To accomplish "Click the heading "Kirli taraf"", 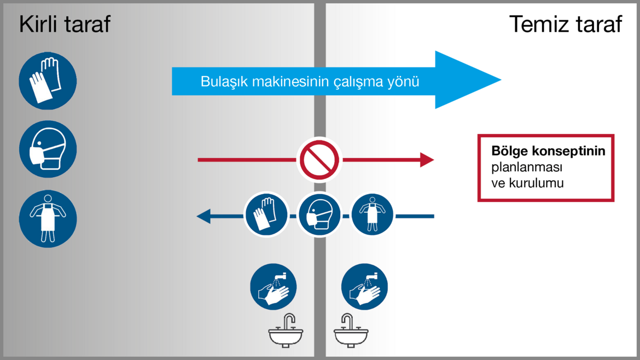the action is pos(65,24).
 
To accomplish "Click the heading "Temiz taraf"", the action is pos(566,24).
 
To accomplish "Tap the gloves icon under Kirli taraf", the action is pos(48,81).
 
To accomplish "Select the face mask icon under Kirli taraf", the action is pos(48,149).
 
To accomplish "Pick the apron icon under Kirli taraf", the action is pos(48,219).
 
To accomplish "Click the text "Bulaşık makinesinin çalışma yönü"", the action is pos(310,82).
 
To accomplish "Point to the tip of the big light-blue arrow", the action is pos(501,80).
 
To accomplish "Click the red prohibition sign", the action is pos(319,160).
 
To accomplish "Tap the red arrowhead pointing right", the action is pos(427,160).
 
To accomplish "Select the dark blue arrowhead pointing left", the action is pos(203,216).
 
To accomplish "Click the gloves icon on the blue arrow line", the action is pos(266,214).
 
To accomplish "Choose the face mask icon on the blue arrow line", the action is pos(319,214).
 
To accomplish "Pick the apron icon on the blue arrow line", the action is pos(373,214).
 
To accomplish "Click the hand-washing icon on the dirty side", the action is pos(274,287).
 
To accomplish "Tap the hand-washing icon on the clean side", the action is pos(364,287).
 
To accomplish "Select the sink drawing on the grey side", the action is pos(286,330).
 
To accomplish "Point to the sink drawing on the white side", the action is pos(351,330).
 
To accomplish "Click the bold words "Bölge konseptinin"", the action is pos(548,151).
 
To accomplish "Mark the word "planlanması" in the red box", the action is pos(527,167).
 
